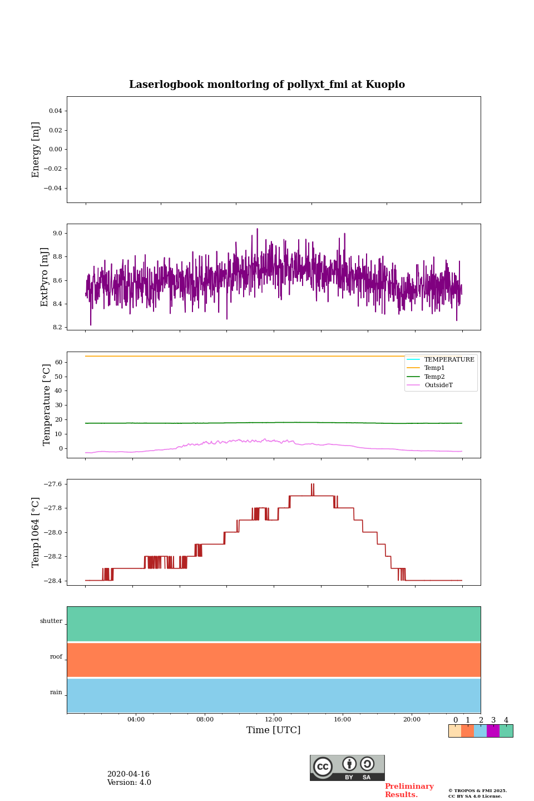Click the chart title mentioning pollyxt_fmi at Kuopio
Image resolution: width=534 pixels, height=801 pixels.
point(267,85)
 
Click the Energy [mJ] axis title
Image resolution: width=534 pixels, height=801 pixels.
point(36,150)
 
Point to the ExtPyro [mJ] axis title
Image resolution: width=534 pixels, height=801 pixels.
point(45,277)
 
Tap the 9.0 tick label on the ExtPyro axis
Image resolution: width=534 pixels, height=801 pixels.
point(57,233)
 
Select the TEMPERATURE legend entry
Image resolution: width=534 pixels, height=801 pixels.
point(449,359)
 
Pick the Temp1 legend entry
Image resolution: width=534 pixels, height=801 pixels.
point(434,368)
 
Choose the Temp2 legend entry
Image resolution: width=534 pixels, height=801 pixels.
point(434,377)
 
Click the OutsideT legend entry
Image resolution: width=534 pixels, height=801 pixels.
point(438,385)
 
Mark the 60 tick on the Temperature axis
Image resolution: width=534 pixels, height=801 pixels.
point(58,362)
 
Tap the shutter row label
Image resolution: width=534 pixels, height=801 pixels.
point(51,621)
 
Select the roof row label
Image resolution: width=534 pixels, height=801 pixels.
point(56,657)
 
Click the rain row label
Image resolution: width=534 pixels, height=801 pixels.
point(56,693)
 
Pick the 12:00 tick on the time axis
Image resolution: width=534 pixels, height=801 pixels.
point(274,719)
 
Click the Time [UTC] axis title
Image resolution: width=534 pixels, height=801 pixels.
point(274,730)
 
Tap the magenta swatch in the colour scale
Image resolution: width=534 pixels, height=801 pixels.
point(493,731)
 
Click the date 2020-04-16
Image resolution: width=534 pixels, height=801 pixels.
point(128,774)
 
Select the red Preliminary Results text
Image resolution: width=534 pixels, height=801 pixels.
point(409,790)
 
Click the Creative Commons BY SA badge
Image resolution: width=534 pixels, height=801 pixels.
point(347,768)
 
